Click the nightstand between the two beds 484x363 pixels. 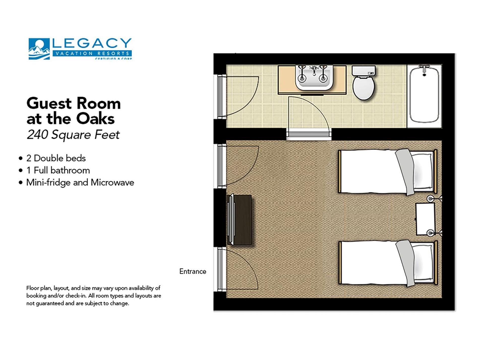pos(425,219)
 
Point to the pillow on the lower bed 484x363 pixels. pos(423,263)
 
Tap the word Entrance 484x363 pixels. pos(193,271)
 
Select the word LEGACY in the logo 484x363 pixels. pos(92,43)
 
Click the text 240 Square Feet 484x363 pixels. pos(73,135)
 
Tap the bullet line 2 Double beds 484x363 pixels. pos(56,158)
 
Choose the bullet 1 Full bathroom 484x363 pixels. pos(58,170)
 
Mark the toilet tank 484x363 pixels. pos(364,70)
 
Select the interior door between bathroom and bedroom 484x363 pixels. pos(309,134)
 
